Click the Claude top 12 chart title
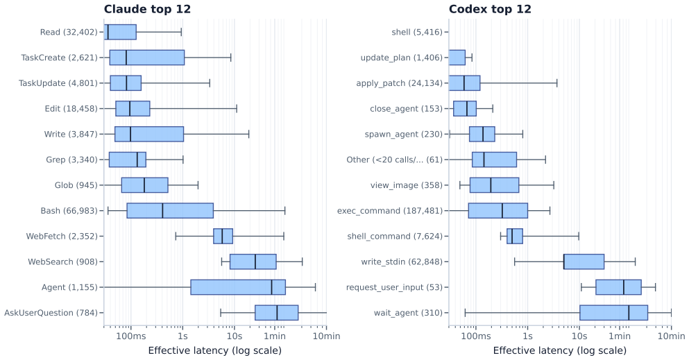point(147,9)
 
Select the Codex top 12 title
point(490,9)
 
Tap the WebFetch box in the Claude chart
point(223,237)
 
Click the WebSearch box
point(253,262)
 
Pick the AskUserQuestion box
point(276,313)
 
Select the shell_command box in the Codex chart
point(515,237)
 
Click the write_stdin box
point(584,262)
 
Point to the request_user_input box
point(618,287)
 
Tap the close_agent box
point(465,108)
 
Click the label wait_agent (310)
point(408,313)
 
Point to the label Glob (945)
point(76,185)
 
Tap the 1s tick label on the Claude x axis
point(182,336)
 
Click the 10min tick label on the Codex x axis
point(671,336)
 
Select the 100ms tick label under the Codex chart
point(476,336)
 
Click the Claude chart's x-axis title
point(215,350)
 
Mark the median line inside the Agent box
point(271,287)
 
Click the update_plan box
point(457,58)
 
